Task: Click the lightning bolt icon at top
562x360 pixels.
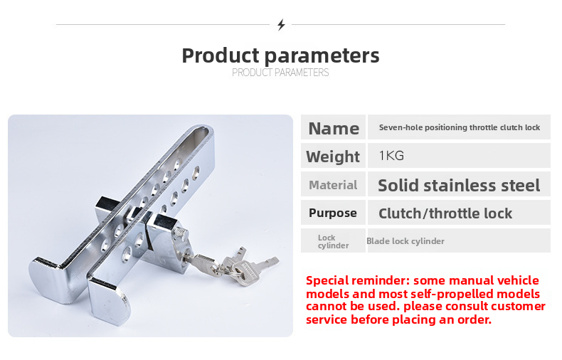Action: pos(281,25)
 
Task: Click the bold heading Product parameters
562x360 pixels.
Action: pos(280,55)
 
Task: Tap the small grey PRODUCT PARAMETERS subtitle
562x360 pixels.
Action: pos(280,73)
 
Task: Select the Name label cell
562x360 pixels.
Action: pos(333,128)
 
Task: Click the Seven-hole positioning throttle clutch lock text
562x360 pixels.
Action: pos(459,127)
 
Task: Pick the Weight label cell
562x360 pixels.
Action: pos(333,157)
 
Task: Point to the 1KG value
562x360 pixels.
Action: pos(391,156)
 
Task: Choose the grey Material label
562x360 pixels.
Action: pos(333,185)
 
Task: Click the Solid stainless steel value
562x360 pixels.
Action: pos(459,186)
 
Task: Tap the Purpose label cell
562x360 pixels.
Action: pos(333,213)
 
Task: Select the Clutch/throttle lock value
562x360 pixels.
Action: pos(445,213)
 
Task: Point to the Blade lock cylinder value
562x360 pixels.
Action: pos(405,241)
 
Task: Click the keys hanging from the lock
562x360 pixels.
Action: pos(238,268)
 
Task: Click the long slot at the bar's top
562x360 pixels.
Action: pos(201,135)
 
